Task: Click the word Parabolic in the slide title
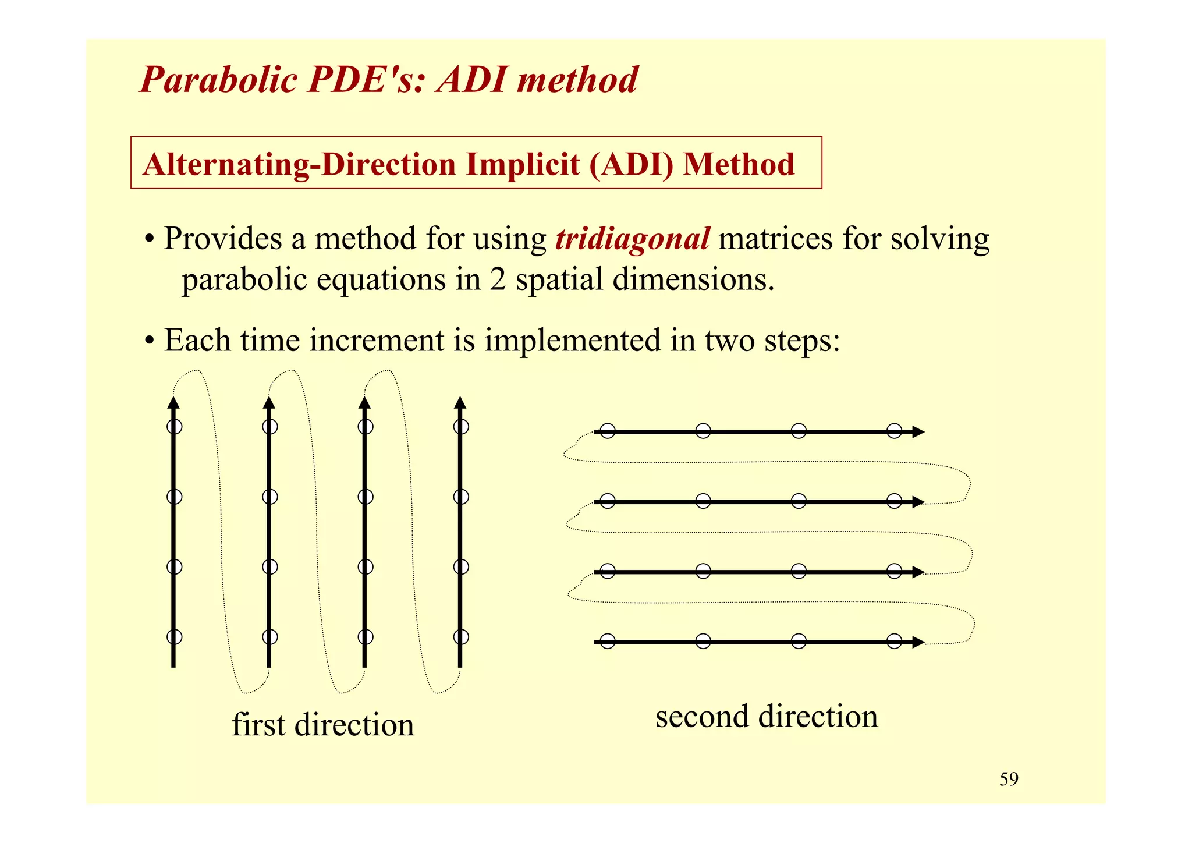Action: click(x=219, y=80)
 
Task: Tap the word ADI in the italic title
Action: click(x=472, y=80)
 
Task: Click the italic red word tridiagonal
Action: click(x=632, y=239)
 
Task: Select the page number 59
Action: click(x=1009, y=780)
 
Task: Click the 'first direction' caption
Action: click(x=323, y=725)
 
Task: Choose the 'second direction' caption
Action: click(x=767, y=716)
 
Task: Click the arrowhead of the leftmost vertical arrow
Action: click(x=173, y=403)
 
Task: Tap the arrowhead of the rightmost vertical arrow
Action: click(x=460, y=403)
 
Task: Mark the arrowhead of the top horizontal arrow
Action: click(x=918, y=432)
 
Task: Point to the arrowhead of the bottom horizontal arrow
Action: click(x=918, y=642)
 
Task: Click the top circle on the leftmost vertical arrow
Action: click(x=174, y=427)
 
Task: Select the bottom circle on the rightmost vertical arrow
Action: click(x=461, y=637)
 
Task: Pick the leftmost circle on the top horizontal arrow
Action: click(x=608, y=431)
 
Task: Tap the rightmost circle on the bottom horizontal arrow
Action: click(x=895, y=642)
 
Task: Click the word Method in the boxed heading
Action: click(x=739, y=165)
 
